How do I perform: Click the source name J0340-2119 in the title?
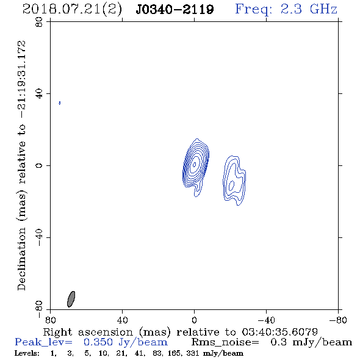[175, 9]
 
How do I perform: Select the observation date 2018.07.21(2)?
[72, 10]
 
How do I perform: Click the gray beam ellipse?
[71, 299]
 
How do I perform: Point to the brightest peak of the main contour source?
[195, 164]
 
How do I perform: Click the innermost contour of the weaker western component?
[232, 185]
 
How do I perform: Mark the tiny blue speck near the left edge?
[60, 103]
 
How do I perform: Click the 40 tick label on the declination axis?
[39, 94]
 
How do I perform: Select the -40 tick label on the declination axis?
[39, 237]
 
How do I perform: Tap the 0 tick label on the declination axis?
[39, 165]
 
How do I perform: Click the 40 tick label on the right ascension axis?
[122, 320]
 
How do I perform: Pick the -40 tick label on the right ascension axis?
[266, 320]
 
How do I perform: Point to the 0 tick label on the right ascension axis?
[194, 320]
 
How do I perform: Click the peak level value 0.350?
[98, 342]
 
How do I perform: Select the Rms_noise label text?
[225, 342]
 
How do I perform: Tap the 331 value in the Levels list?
[193, 353]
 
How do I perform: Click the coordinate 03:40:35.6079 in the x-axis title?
[279, 332]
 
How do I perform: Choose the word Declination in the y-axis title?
[21, 259]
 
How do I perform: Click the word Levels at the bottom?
[27, 353]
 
